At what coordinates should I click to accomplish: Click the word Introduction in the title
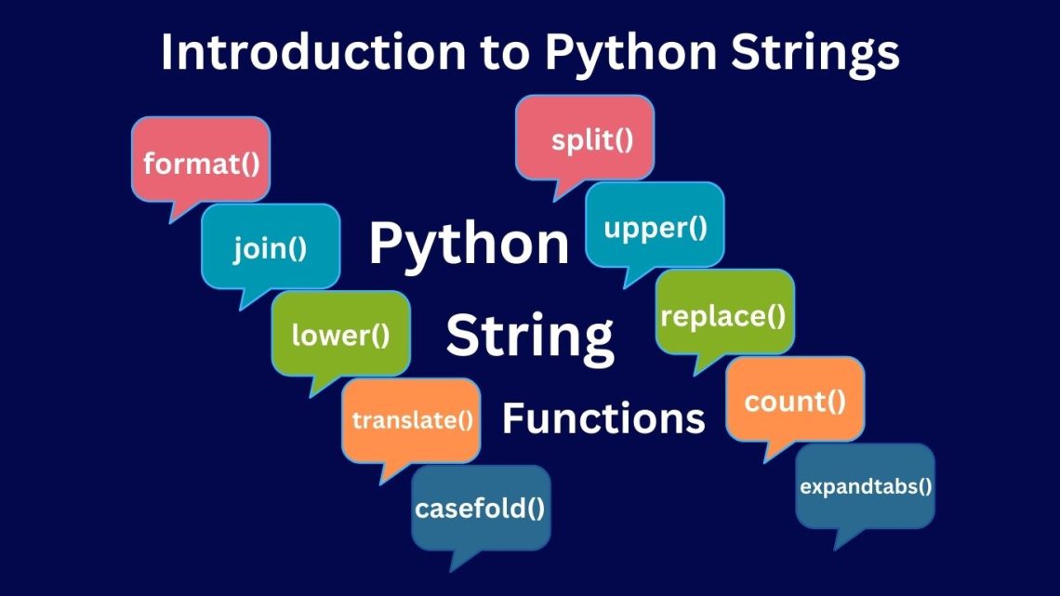coord(313,52)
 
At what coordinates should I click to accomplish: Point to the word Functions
coord(603,418)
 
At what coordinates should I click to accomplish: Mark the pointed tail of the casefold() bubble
coord(451,571)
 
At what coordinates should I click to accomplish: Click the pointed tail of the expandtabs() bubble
coord(836,550)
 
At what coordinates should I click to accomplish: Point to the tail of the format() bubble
coord(170,222)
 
